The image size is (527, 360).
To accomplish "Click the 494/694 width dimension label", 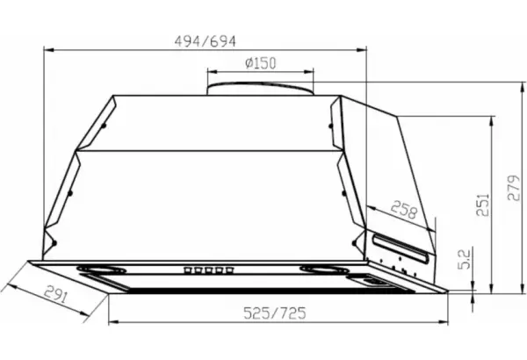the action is (205, 41).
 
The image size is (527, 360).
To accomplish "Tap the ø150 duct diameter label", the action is (261, 63).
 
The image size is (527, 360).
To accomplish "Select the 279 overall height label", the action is (513, 188).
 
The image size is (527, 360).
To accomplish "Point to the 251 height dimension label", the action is (483, 205).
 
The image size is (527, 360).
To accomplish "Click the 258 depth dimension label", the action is (404, 209).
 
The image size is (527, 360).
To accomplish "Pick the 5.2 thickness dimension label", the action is (464, 260).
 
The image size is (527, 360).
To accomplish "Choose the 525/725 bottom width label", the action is (275, 313).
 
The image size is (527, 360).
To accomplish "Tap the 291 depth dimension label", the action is (56, 294).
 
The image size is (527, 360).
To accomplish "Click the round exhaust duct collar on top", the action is (260, 89).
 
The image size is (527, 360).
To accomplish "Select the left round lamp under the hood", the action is (101, 270).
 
